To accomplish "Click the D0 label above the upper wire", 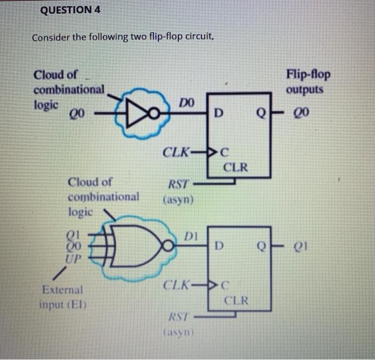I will (x=186, y=101).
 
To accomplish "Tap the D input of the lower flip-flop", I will (x=217, y=247).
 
